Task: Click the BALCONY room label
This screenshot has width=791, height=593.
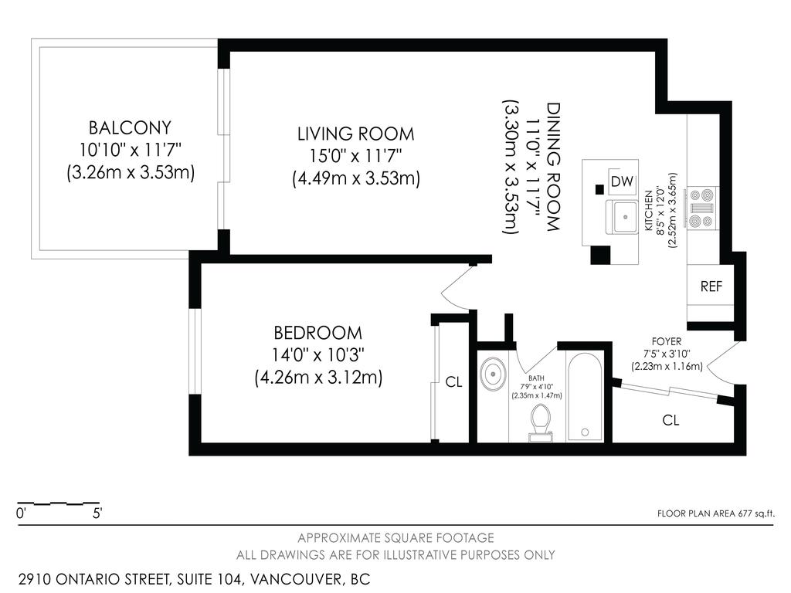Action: point(129,127)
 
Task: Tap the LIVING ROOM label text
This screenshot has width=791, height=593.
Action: point(355,134)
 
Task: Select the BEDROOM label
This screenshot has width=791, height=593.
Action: point(317,334)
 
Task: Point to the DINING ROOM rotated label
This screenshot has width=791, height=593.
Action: point(552,167)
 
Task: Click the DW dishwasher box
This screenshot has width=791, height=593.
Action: point(622,181)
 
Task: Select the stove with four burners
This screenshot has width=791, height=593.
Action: point(704,208)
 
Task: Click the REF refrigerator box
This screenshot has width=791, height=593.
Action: point(711,286)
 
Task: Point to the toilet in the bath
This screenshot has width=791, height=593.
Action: point(540,422)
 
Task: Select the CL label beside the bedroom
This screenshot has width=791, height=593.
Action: point(453,382)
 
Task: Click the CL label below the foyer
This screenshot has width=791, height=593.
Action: point(670,421)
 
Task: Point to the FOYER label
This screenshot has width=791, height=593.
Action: point(667,341)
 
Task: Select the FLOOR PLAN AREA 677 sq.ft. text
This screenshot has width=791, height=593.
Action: point(715,513)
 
